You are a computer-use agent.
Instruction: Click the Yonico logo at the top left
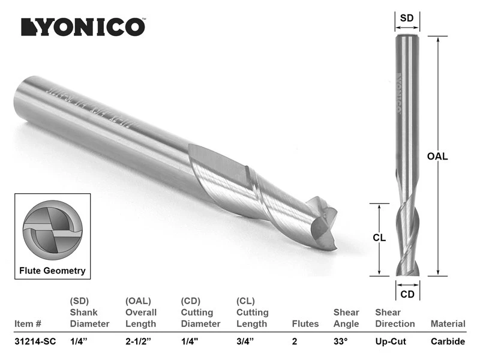point(83,27)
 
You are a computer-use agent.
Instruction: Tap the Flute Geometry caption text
point(52,271)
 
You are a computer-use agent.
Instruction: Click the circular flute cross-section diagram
point(52,230)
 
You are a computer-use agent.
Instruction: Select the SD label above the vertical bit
point(407,18)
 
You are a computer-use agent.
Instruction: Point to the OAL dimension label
point(437,156)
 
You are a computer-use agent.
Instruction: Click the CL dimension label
point(379,238)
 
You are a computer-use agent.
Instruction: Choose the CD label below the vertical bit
point(407,293)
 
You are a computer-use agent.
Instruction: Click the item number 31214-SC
point(35,341)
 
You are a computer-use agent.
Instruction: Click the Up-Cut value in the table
point(391,341)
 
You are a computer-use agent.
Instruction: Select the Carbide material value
point(448,341)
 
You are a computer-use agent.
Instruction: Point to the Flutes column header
point(305,323)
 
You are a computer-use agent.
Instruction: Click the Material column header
point(448,323)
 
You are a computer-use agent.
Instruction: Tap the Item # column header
point(27,323)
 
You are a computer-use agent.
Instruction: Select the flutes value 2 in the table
point(295,341)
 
